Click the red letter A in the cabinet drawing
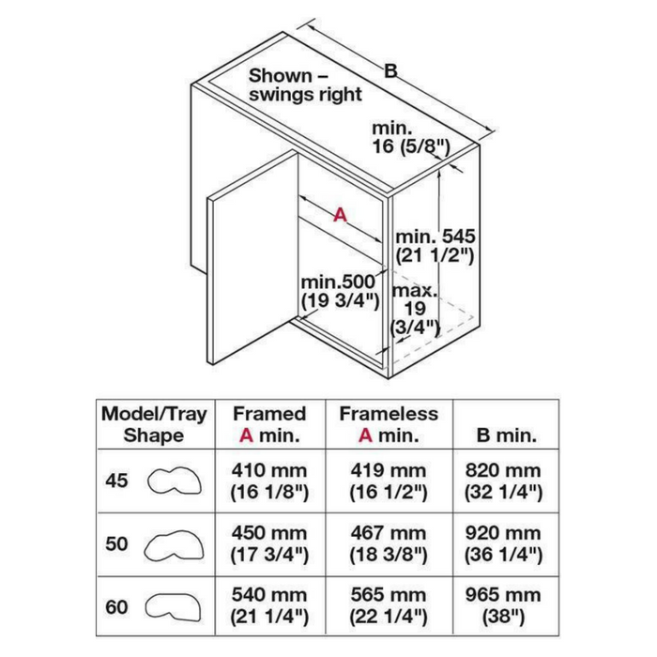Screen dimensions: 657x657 tap(340, 215)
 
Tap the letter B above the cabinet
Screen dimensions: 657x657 tap(390, 71)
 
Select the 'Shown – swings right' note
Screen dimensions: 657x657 tap(305, 85)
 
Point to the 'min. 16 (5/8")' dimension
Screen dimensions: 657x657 tap(411, 138)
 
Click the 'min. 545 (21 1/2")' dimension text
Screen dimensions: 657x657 tap(435, 246)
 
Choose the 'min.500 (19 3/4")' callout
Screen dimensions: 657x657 tap(340, 292)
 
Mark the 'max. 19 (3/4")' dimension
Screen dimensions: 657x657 tap(415, 309)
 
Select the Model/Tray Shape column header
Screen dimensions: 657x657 tap(154, 424)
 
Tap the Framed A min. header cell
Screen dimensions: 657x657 tap(269, 424)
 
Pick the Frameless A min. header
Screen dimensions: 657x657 tap(389, 424)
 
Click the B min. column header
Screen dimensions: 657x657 tap(507, 435)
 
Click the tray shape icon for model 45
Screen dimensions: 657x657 tap(175, 481)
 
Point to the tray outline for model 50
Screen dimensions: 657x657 tap(174, 545)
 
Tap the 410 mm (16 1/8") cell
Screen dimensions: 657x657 tap(269, 481)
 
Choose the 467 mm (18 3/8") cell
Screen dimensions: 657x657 tap(389, 543)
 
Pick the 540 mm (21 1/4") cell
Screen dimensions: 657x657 tap(269, 606)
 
